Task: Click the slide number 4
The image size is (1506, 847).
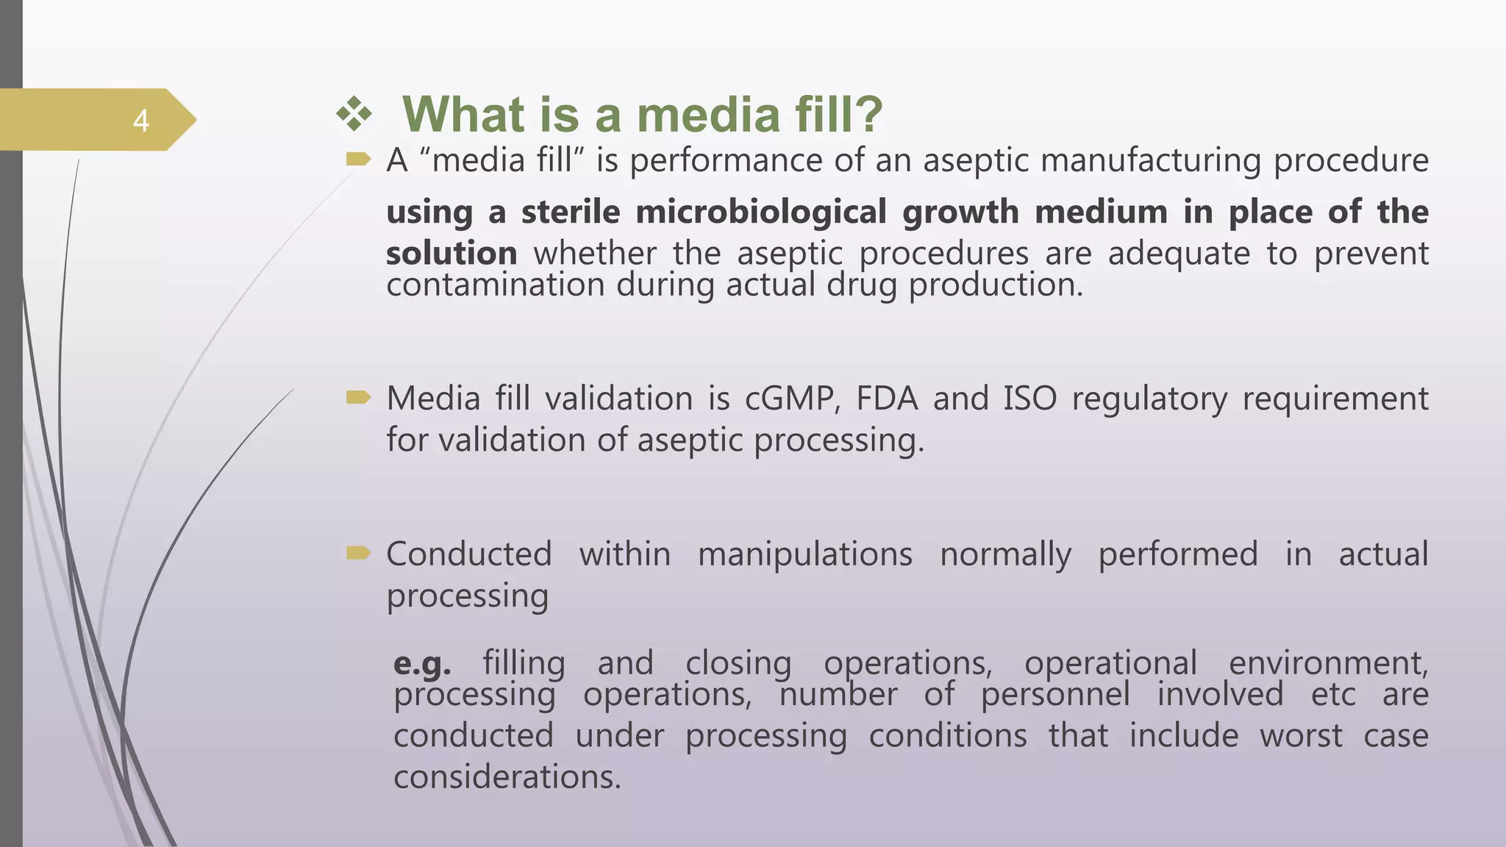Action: click(x=141, y=121)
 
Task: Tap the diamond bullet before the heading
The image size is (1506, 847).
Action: click(x=354, y=115)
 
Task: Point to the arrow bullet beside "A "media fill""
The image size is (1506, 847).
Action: click(x=358, y=158)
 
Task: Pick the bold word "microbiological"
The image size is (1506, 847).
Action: click(x=761, y=212)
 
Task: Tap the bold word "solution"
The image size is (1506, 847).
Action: click(x=452, y=254)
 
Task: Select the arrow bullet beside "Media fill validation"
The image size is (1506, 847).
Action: click(x=358, y=398)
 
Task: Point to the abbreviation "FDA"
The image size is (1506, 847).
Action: click(x=887, y=399)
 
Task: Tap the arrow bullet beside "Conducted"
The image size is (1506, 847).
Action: click(x=358, y=553)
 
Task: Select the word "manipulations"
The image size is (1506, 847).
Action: click(x=805, y=554)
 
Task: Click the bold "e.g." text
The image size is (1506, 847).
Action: click(x=422, y=664)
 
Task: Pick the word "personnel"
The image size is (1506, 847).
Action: click(x=1055, y=695)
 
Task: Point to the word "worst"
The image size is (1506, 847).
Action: click(x=1301, y=735)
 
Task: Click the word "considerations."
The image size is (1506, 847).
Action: click(x=507, y=777)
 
